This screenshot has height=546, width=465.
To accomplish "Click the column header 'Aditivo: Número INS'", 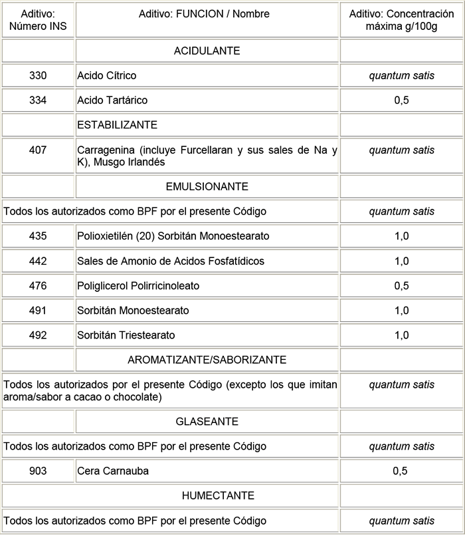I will pos(38,20).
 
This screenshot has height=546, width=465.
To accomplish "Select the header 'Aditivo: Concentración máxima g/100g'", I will pos(401,20).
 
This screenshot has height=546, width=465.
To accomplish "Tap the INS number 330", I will pos(38,76).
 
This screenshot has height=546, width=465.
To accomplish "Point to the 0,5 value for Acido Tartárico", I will pos(401,100).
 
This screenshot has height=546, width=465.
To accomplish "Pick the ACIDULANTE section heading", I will pos(207,51).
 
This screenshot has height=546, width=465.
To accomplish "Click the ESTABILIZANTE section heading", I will pos(117,125).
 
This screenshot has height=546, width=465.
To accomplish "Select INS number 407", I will pos(38,150).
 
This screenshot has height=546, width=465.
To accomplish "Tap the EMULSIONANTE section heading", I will pos(207,187).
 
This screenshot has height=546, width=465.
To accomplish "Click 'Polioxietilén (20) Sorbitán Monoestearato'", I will pos(173,236).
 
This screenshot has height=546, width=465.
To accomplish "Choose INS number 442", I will pos(38,261).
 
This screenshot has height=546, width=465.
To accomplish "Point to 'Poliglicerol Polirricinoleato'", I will pos(138,286).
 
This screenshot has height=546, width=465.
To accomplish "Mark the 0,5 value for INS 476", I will pos(401,286).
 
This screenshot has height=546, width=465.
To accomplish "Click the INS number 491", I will pos(38,311).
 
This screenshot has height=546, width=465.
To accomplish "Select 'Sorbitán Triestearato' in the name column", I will pos(126,335).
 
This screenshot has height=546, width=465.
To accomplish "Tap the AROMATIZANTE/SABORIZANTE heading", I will pos(207,360).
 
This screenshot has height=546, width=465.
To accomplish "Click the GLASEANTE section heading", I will pos(207,422).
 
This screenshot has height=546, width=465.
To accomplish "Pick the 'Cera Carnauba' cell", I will pos(113,471).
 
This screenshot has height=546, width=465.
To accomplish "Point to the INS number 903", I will pos(38,471).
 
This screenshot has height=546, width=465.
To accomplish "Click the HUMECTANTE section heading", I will pos(207,495).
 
